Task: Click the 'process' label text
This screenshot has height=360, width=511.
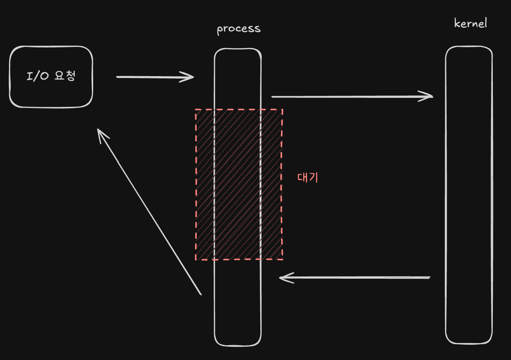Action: (x=238, y=29)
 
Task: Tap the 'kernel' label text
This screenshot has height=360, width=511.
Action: (x=470, y=23)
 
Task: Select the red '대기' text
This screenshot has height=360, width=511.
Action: (x=308, y=177)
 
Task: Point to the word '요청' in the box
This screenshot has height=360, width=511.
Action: (x=65, y=75)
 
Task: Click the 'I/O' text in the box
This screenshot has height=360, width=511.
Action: (x=38, y=76)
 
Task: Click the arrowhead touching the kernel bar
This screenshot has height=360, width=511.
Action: (x=427, y=96)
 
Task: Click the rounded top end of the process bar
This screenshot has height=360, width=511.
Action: (x=238, y=52)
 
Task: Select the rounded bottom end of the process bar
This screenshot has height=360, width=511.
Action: (x=238, y=342)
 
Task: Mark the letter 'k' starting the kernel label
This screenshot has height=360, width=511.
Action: (x=457, y=23)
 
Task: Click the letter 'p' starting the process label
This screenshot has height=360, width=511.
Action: (x=220, y=30)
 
